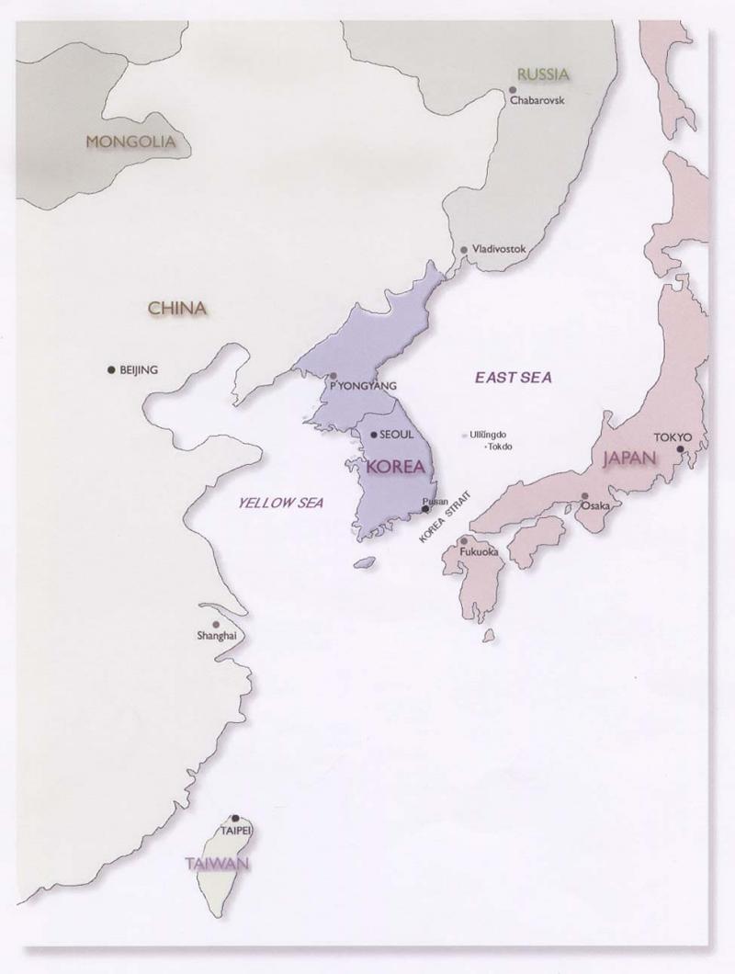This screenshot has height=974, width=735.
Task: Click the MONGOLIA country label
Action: [x=130, y=142]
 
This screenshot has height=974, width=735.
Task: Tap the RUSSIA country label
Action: [x=543, y=74]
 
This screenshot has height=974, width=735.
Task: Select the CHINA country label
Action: [x=177, y=309]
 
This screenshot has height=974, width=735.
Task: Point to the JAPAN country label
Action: [x=630, y=459]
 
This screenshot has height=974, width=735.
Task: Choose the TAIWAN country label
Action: [x=217, y=864]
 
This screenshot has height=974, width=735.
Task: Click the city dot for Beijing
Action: [x=111, y=369]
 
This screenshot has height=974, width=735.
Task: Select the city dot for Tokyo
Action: [x=680, y=449]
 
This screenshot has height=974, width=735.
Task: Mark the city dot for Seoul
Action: [x=372, y=435]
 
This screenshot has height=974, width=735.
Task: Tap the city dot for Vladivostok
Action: [x=464, y=250]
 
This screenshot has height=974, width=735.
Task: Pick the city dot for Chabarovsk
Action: [x=512, y=90]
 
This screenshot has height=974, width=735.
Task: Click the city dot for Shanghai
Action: [x=216, y=625]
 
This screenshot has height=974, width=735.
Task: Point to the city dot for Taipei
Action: [x=236, y=818]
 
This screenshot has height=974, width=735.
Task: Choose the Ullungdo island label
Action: [x=489, y=435]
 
